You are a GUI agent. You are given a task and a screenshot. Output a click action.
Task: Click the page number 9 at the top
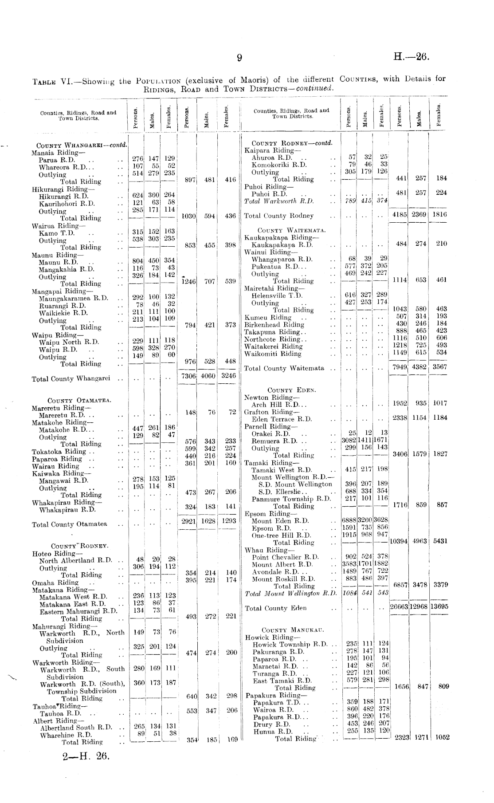239,58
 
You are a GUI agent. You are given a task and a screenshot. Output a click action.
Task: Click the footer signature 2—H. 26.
86,756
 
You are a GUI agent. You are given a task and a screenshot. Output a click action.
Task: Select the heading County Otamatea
79,401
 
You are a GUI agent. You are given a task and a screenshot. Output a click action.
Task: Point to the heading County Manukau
293,630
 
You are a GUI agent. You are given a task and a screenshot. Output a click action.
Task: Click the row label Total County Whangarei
71,379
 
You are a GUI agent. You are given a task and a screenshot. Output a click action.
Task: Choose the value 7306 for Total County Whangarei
189,376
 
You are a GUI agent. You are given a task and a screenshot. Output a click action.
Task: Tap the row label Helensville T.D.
277,295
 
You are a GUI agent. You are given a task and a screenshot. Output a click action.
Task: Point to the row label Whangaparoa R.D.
282,259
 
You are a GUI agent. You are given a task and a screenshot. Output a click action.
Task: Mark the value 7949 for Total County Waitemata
400,367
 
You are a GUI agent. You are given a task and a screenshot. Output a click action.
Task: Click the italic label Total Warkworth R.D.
279,201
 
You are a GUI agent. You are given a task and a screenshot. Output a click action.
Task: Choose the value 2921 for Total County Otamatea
189,521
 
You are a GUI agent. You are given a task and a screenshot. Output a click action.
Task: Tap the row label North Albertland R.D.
75,560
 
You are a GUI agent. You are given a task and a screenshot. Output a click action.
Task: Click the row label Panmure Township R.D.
291,499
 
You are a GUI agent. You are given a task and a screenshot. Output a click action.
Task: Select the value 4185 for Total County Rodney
400,214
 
